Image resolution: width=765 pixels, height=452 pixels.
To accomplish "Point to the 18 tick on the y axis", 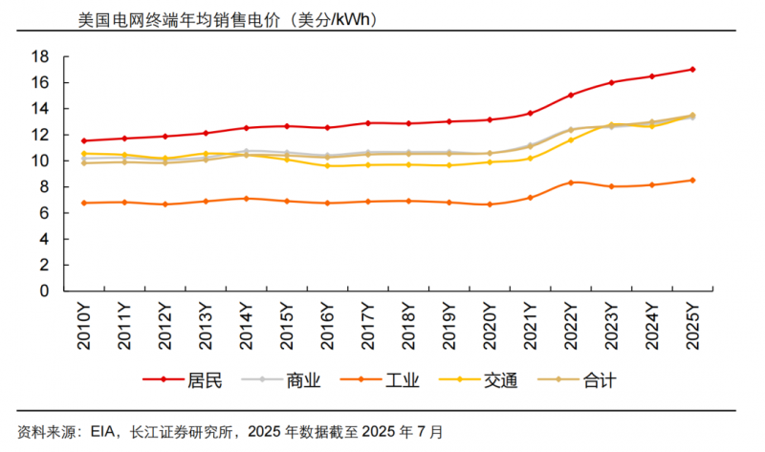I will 41,56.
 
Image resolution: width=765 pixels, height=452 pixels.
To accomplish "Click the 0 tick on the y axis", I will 45,291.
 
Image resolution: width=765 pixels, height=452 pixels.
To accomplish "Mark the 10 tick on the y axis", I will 41,161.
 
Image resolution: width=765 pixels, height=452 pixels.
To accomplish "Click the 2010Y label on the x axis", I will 84,325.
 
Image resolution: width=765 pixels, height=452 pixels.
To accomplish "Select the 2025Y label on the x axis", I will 692,325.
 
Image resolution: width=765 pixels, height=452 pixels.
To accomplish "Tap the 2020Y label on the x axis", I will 490,325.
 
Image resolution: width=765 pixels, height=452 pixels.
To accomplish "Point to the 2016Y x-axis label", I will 327,325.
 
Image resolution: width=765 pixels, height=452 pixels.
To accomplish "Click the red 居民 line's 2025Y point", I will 692,69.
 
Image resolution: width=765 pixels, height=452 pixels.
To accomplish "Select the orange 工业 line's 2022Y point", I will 571,183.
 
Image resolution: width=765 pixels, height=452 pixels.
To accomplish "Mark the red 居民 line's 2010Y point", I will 84,140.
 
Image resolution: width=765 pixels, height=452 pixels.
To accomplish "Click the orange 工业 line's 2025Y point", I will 692,180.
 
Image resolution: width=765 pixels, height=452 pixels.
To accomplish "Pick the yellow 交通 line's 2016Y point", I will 327,165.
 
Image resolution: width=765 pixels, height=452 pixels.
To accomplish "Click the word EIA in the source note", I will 103,431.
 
